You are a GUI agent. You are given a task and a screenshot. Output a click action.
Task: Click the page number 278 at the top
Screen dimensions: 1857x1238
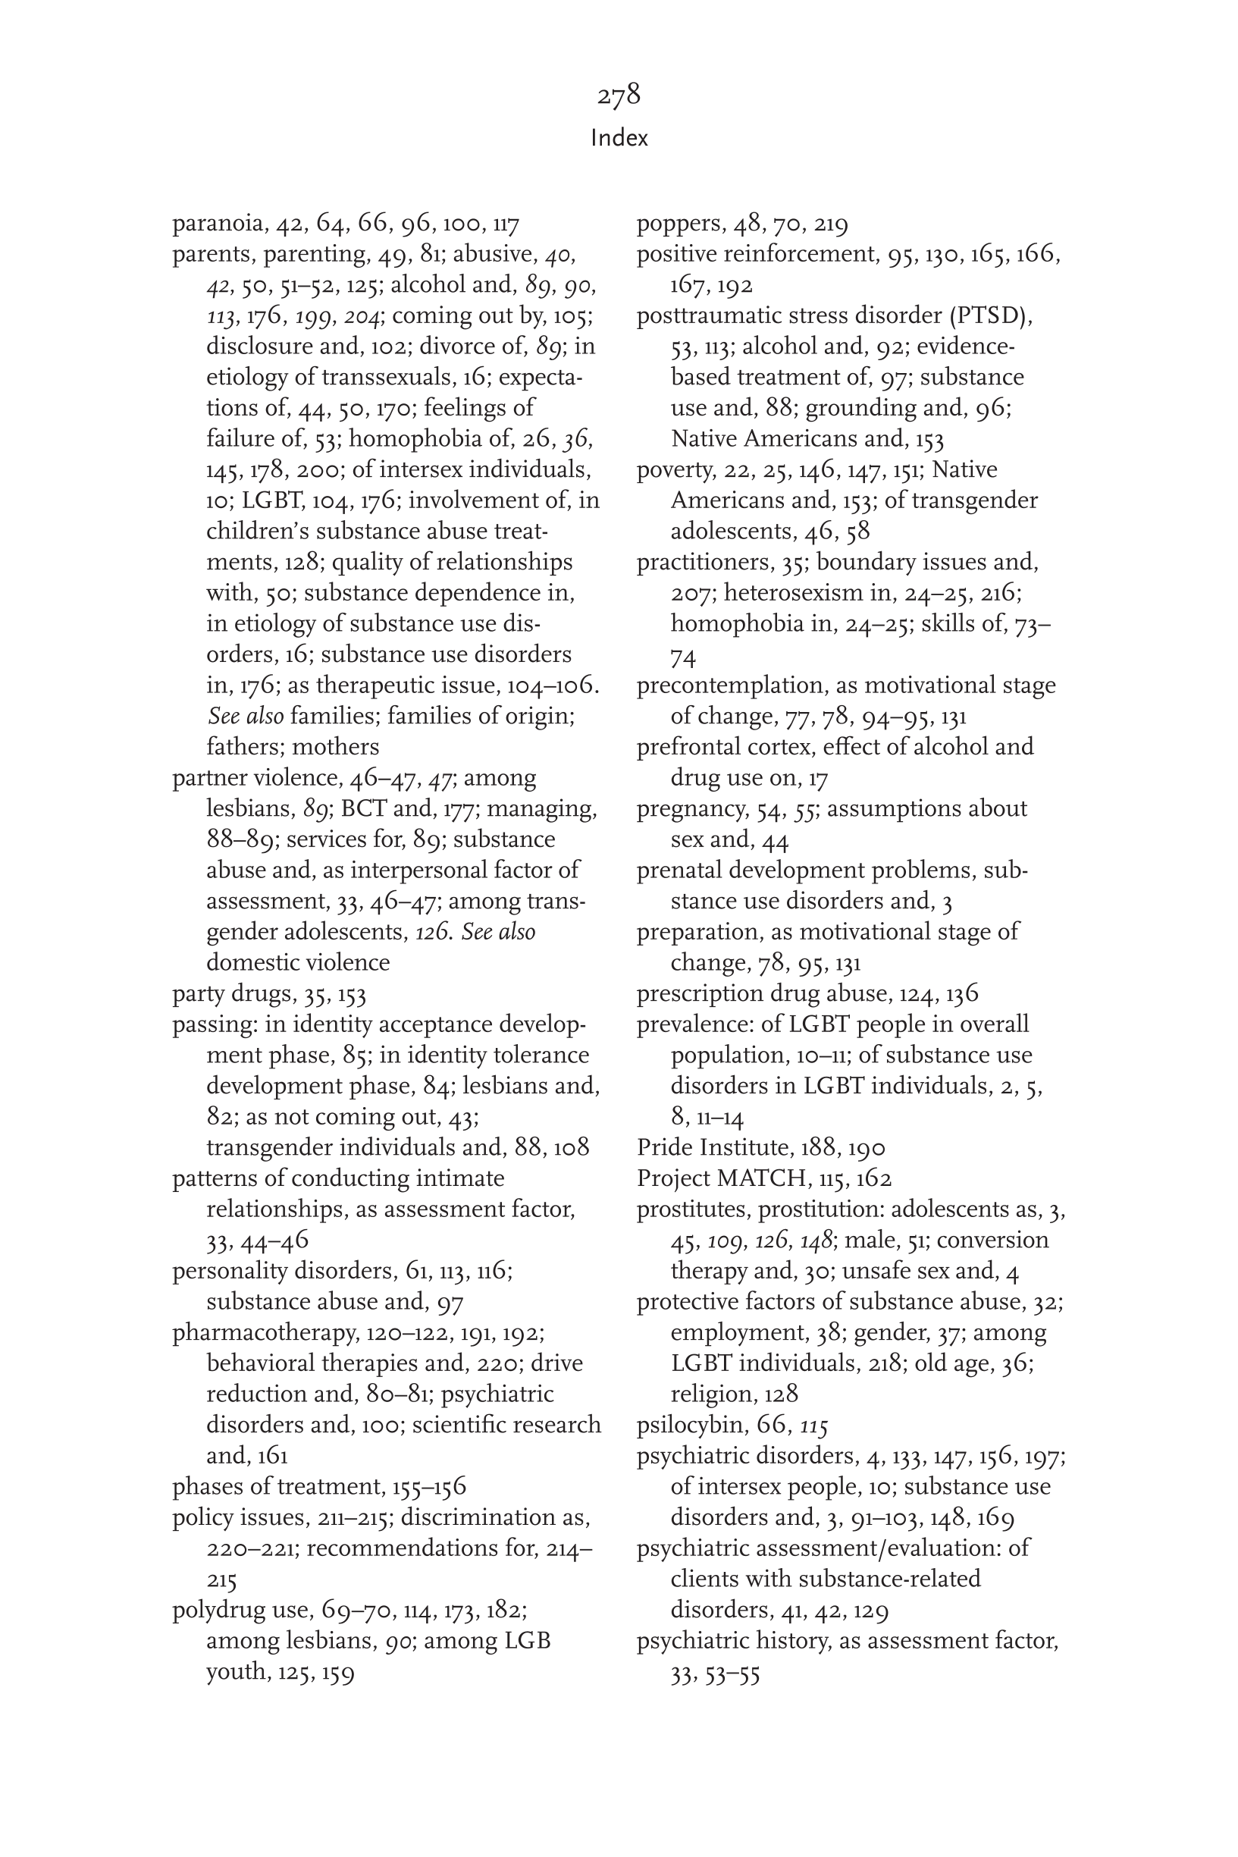618,96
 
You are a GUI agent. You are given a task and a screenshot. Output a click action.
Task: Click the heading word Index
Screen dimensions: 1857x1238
619,138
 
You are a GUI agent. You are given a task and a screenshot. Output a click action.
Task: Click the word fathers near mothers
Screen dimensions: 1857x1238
243,747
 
